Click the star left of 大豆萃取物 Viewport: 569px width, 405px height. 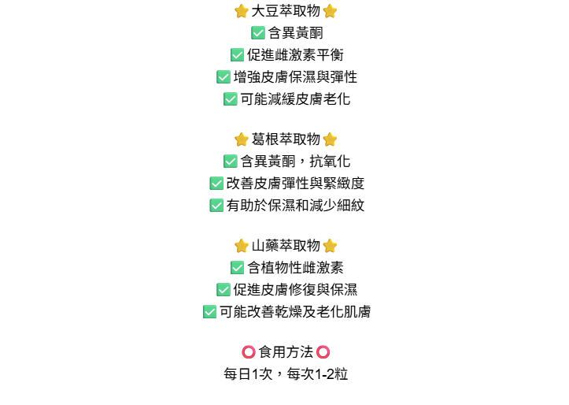242,11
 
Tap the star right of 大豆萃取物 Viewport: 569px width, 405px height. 330,11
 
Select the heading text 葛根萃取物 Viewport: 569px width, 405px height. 286,139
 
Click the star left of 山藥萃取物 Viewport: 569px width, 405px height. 242,246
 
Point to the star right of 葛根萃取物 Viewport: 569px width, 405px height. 330,139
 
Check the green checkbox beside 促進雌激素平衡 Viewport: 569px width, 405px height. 237,55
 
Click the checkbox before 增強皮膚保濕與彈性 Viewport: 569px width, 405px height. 224,77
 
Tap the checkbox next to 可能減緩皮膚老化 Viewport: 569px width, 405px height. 230,99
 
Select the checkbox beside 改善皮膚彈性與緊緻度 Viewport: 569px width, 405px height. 216,184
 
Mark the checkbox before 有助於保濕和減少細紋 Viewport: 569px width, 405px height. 216,206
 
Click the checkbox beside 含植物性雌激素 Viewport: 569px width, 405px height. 237,268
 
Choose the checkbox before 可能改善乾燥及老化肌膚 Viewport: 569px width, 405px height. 209,312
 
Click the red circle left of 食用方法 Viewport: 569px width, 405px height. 248,352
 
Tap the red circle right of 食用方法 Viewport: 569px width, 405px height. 323,352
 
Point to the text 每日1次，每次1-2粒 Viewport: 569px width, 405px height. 286,374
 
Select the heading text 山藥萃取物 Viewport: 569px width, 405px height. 286,246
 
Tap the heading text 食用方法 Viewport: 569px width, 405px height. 286,352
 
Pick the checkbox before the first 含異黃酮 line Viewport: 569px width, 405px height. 257,33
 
